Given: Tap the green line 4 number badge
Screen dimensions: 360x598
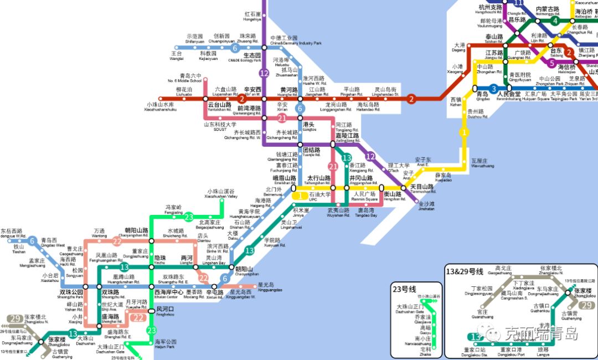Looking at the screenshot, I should coord(555,21).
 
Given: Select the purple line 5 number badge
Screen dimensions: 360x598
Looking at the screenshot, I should coord(551,63).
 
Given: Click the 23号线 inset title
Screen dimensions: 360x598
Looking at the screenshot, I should coord(404,289).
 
